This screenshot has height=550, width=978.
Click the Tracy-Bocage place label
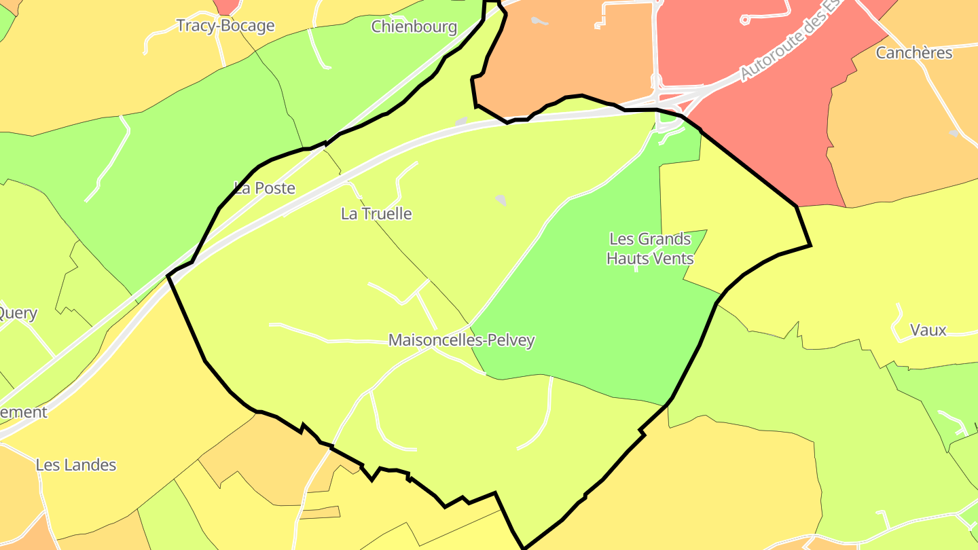(x=225, y=26)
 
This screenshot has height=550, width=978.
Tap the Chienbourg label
(x=414, y=26)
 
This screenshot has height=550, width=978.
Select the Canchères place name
(x=914, y=52)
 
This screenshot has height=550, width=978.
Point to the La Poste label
(x=265, y=188)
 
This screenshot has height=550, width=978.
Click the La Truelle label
(x=376, y=213)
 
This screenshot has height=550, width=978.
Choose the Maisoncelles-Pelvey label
(x=461, y=340)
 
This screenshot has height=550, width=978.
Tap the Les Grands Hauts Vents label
(x=650, y=249)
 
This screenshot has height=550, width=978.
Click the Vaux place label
(x=928, y=330)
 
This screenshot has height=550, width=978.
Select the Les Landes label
(x=76, y=465)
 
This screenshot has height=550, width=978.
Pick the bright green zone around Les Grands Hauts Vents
(x=598, y=306)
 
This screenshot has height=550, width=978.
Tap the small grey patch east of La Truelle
(x=501, y=200)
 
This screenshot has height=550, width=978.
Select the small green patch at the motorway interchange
(x=669, y=117)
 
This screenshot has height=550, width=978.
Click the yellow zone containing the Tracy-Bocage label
(x=102, y=68)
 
